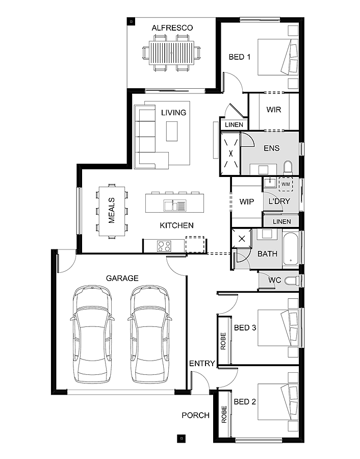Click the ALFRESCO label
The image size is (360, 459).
pos(172,28)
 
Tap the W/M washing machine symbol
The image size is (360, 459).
pos(286,184)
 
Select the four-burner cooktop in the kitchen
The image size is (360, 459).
pos(164,246)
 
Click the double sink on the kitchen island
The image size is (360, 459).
pos(175,205)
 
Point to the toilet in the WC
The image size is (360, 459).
pos(291,280)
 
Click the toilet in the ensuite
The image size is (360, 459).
pos(288,167)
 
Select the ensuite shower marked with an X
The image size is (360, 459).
pos(230,154)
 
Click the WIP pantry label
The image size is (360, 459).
pos(246,201)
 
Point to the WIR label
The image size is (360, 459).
pos(274,110)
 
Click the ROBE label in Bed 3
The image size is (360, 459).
pos(223,341)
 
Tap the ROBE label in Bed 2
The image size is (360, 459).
pos(224,414)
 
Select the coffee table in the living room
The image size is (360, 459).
pos(172,131)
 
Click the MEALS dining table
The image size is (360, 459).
pos(112,211)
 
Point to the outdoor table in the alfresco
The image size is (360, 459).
pos(171,53)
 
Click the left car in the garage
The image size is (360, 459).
pos(92,335)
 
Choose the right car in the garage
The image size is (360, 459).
pos(150,335)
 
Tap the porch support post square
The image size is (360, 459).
pos(182,438)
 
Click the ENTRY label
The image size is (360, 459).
pos(202,363)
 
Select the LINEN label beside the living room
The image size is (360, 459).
pos(234,125)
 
